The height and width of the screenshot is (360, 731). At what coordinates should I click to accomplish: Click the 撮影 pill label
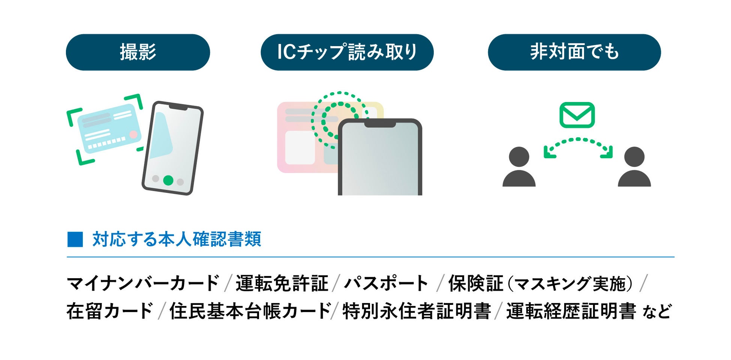[138, 52]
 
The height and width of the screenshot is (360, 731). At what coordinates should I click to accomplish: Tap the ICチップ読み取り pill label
[347, 52]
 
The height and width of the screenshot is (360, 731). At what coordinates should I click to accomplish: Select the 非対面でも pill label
[574, 52]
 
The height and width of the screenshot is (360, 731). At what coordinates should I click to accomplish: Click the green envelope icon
[577, 115]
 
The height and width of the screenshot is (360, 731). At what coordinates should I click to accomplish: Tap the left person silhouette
[519, 167]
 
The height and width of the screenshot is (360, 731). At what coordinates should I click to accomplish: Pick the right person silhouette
[634, 167]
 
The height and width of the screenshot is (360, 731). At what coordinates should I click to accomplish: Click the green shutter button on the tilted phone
[168, 180]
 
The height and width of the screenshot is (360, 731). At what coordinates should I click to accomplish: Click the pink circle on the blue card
[133, 135]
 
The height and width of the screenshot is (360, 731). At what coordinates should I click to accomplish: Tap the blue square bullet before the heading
[75, 240]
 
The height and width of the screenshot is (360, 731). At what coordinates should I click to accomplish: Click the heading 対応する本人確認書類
[177, 240]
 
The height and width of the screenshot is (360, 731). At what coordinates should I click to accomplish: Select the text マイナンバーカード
[143, 283]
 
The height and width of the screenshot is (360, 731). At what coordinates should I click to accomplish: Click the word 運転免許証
[282, 283]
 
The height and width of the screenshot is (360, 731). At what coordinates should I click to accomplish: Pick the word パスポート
[386, 283]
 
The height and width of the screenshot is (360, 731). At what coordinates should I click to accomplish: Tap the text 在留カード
[109, 311]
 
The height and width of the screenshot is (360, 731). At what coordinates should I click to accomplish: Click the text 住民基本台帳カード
[250, 311]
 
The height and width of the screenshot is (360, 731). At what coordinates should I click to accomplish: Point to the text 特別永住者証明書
[416, 311]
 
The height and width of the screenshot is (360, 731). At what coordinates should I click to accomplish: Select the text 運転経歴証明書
[571, 311]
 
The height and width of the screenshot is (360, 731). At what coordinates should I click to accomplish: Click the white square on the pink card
[300, 147]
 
